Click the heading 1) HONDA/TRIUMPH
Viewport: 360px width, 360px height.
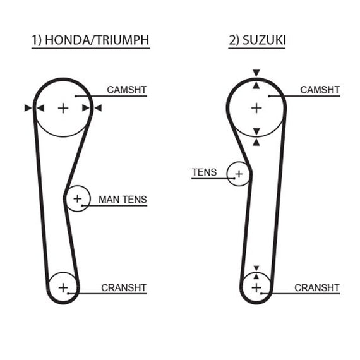(x=90, y=40)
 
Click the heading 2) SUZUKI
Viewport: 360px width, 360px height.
(x=257, y=40)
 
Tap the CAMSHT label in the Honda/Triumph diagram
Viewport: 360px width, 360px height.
(x=127, y=90)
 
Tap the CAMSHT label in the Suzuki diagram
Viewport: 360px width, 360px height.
(x=320, y=90)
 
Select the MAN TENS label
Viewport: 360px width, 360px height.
(x=123, y=200)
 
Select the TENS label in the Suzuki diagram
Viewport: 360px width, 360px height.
(x=204, y=172)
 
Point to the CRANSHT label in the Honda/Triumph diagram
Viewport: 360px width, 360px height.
(x=124, y=287)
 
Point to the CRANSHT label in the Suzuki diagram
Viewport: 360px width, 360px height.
(x=317, y=287)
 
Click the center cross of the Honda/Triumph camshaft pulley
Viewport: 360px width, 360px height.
(x=63, y=109)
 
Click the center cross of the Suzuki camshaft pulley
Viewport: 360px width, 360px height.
(x=256, y=109)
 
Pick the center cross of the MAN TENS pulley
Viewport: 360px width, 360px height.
(x=78, y=198)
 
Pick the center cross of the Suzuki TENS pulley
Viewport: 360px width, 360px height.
(x=239, y=174)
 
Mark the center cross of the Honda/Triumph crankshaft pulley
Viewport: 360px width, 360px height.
(x=63, y=288)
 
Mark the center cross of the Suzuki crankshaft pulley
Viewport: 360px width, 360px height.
(x=256, y=288)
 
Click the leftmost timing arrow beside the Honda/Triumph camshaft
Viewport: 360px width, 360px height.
(x=28, y=108)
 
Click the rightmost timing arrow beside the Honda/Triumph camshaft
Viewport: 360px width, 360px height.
(x=99, y=108)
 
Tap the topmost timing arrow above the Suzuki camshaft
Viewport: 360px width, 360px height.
(x=256, y=73)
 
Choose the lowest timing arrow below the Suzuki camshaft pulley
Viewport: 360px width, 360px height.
(x=256, y=143)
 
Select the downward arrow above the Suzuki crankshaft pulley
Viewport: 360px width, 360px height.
(x=256, y=268)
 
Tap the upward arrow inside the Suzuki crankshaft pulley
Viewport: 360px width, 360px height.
(x=256, y=276)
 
